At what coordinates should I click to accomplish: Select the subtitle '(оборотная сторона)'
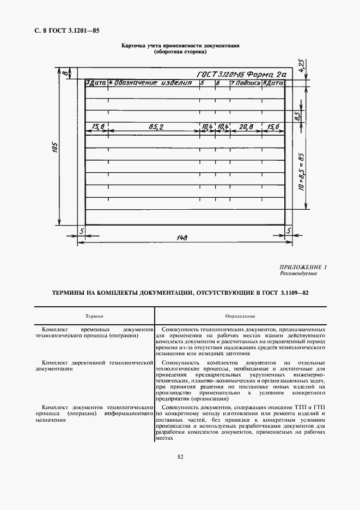click(x=180, y=53)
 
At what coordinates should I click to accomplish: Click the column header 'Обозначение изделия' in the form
click(x=153, y=83)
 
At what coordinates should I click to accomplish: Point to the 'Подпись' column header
click(x=248, y=83)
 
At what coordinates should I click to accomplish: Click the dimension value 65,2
click(x=156, y=127)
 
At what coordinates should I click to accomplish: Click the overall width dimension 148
click(x=183, y=238)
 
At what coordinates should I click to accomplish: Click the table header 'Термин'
click(x=94, y=316)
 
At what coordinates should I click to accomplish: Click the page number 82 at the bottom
click(x=180, y=457)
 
